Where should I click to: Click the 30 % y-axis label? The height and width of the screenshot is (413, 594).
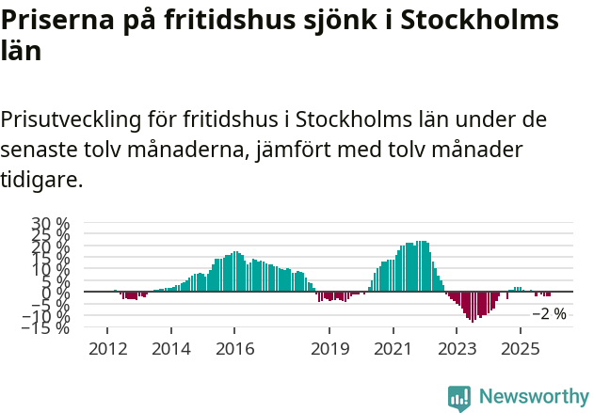[x=51, y=224]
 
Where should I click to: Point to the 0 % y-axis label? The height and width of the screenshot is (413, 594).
[x=56, y=293]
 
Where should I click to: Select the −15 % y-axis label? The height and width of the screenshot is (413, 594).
[x=46, y=327]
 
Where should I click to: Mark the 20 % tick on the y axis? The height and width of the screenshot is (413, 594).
[x=51, y=246]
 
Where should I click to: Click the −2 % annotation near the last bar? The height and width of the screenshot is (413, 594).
[x=550, y=314]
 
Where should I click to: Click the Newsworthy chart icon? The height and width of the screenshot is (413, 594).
[x=459, y=398]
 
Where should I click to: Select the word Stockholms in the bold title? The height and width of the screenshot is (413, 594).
[x=475, y=21]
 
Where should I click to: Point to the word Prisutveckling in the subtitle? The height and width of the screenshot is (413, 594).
[x=71, y=120]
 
